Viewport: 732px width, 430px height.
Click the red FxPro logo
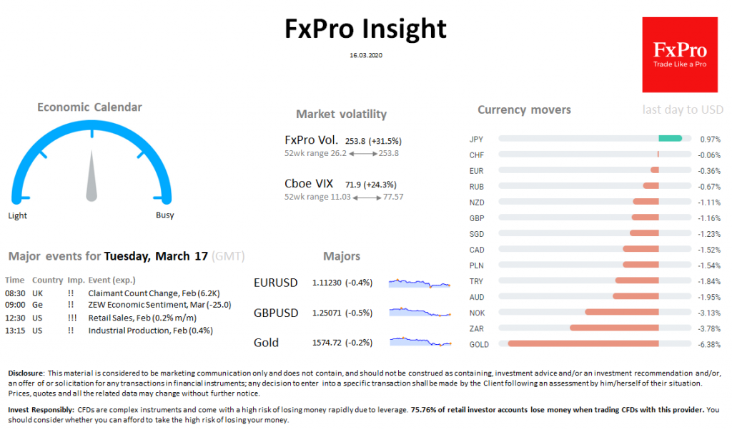tap(679, 55)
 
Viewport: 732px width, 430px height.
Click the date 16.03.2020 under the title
tap(366, 54)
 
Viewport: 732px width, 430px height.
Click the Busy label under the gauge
tap(164, 215)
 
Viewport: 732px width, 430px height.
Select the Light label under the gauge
tap(18, 215)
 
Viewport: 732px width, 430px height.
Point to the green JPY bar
tap(670, 139)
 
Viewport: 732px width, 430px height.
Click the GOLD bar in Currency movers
tap(583, 343)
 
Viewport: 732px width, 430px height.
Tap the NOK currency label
tap(477, 313)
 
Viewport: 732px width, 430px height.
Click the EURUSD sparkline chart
tap(420, 283)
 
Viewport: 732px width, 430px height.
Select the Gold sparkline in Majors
tap(420, 343)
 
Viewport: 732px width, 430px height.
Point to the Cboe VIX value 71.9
tap(354, 185)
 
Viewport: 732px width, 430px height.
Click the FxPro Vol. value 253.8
tap(355, 142)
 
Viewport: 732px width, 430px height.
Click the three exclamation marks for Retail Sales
tap(71, 318)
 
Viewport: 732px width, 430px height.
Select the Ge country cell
tap(36, 306)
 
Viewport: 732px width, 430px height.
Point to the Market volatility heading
tap(341, 114)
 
